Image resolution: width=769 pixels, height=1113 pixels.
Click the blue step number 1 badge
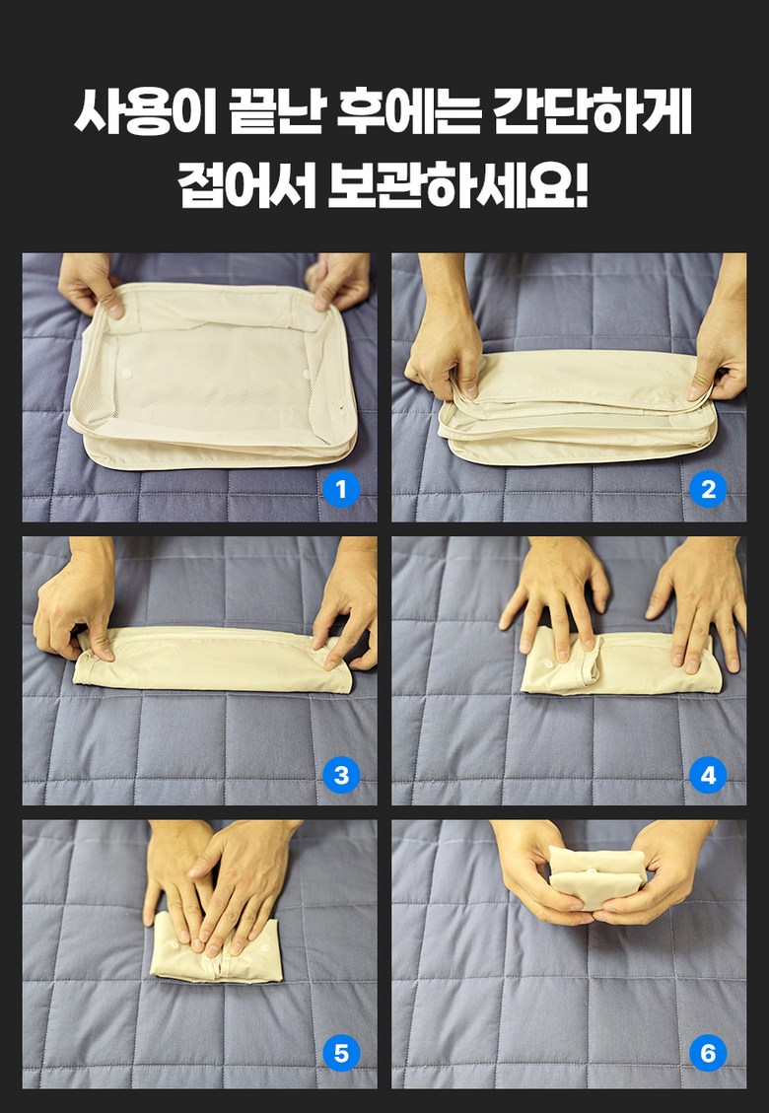click(341, 489)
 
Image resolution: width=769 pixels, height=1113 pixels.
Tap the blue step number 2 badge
click(708, 489)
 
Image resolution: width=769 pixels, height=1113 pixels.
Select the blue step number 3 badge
click(341, 775)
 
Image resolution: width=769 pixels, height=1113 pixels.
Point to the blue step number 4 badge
click(708, 775)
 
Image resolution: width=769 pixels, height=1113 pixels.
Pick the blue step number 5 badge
click(341, 1053)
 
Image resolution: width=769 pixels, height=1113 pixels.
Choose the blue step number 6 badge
click(708, 1053)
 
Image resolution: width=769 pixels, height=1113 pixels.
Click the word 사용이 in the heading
click(146, 112)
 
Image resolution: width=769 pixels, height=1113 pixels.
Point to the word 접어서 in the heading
click(247, 186)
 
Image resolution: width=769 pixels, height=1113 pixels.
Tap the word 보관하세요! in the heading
click(458, 186)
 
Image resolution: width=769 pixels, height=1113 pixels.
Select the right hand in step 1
click(339, 280)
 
